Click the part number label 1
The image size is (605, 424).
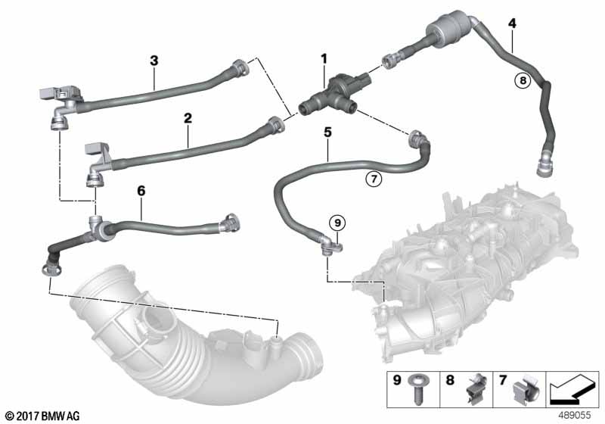click(x=324, y=58)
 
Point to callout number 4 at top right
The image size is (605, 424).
click(x=512, y=23)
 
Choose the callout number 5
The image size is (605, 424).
click(x=327, y=131)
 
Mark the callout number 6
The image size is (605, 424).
click(x=141, y=192)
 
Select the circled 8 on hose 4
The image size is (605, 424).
click(x=520, y=78)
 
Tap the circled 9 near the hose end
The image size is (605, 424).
click(x=338, y=222)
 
